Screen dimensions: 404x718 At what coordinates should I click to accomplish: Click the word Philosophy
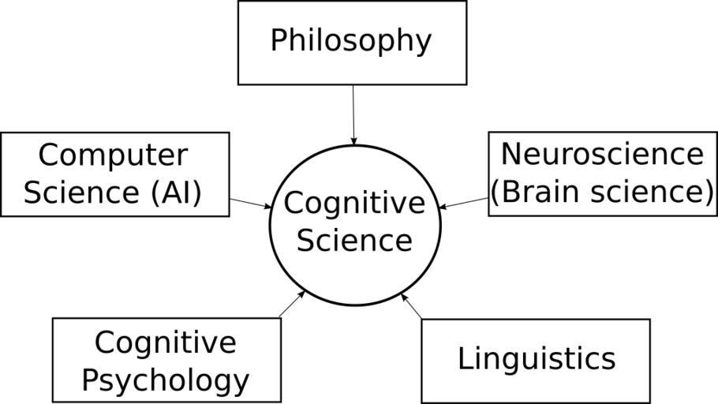click(x=351, y=41)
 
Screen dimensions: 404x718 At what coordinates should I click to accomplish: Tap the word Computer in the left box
click(x=113, y=155)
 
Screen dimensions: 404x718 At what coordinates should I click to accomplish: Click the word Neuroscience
click(x=601, y=154)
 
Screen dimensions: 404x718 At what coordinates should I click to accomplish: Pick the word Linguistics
click(x=536, y=359)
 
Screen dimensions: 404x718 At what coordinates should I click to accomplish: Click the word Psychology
click(x=166, y=380)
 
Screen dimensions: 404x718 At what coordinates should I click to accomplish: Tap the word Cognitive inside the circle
click(x=354, y=204)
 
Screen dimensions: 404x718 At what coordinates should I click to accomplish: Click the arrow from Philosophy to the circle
click(x=353, y=114)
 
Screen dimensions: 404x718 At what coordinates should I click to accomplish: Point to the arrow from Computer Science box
click(x=250, y=203)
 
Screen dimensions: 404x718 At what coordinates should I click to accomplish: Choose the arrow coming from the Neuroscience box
click(x=463, y=203)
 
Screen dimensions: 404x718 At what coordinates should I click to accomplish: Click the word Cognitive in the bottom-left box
click(x=166, y=343)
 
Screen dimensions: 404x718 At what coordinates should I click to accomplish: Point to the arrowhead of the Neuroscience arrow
click(x=443, y=208)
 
